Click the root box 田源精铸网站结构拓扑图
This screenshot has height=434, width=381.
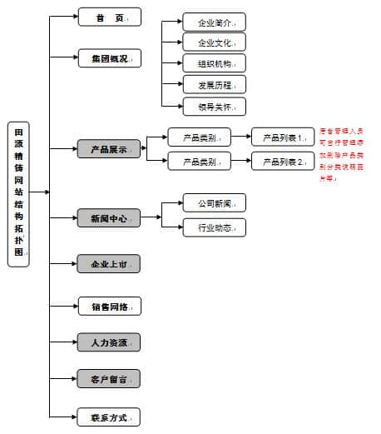[18, 193]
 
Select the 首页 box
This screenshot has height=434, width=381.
[109, 17]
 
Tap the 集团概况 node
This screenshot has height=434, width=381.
[109, 58]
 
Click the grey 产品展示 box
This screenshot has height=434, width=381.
[109, 150]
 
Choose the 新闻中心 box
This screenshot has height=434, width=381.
[109, 218]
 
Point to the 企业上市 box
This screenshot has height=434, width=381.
[109, 264]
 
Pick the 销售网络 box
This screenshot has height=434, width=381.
[109, 306]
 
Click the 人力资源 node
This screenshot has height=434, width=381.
[109, 342]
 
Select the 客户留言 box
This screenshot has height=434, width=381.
[109, 378]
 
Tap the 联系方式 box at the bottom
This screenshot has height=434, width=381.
[109, 416]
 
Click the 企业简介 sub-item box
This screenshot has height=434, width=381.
[215, 22]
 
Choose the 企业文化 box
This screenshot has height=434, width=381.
[215, 42]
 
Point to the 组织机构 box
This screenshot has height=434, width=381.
[215, 63]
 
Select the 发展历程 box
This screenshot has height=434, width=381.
[215, 85]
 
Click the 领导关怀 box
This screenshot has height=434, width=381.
[215, 106]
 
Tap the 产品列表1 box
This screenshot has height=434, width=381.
[283, 137]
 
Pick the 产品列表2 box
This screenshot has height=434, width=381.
[283, 161]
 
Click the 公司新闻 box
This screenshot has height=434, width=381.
[215, 202]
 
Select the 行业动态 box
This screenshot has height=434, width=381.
[215, 227]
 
